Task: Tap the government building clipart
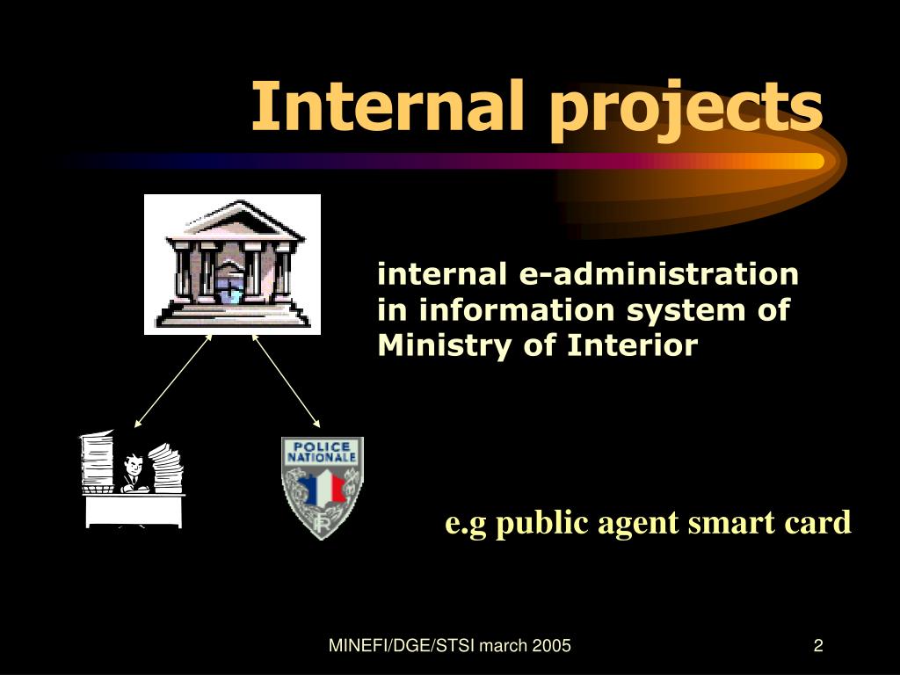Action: click(232, 265)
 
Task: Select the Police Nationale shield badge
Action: click(322, 487)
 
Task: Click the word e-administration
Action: click(659, 275)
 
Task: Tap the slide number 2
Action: click(818, 647)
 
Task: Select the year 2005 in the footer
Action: click(552, 647)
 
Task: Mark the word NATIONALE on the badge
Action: click(322, 458)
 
